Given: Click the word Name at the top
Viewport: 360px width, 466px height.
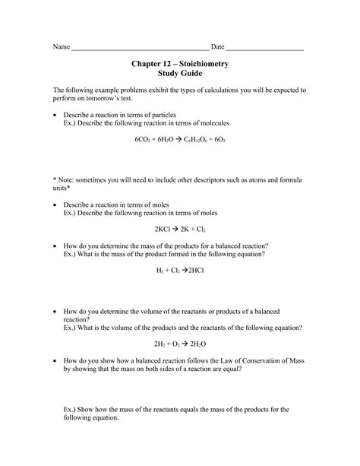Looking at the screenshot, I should (x=61, y=47).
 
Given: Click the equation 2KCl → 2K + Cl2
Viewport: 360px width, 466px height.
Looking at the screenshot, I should (x=179, y=227).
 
